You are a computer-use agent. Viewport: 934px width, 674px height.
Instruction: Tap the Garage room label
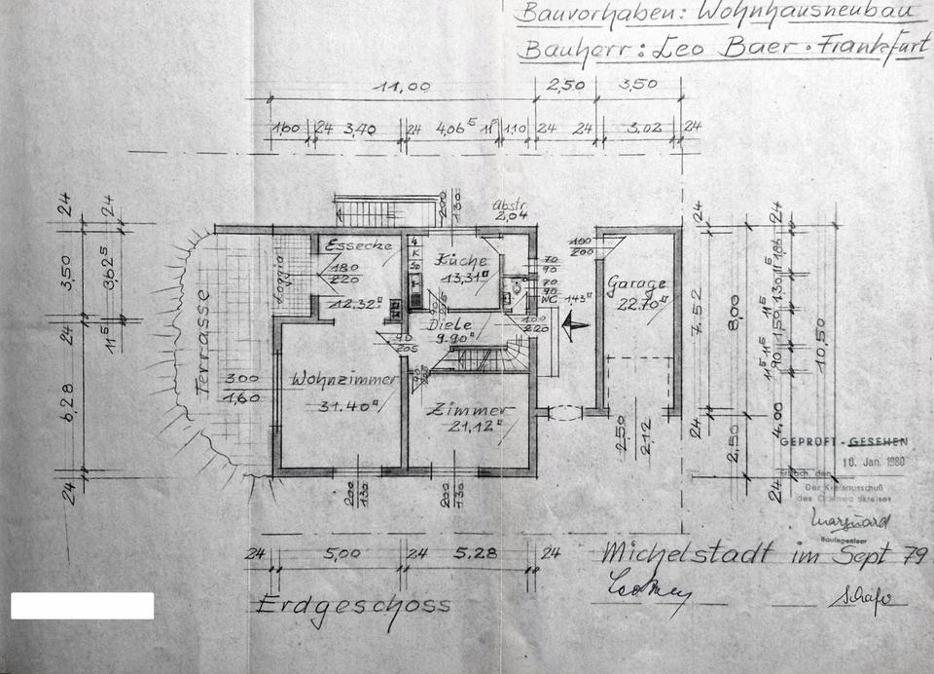click(x=637, y=283)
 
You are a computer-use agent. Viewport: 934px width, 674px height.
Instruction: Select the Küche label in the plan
click(x=461, y=261)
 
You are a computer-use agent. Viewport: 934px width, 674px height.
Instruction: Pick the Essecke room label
click(x=358, y=245)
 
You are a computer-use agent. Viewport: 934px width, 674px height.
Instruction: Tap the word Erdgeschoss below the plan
click(x=353, y=605)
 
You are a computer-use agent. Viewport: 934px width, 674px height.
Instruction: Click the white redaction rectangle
click(x=82, y=606)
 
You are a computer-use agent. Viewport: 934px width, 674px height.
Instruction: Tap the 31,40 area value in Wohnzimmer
click(x=337, y=407)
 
